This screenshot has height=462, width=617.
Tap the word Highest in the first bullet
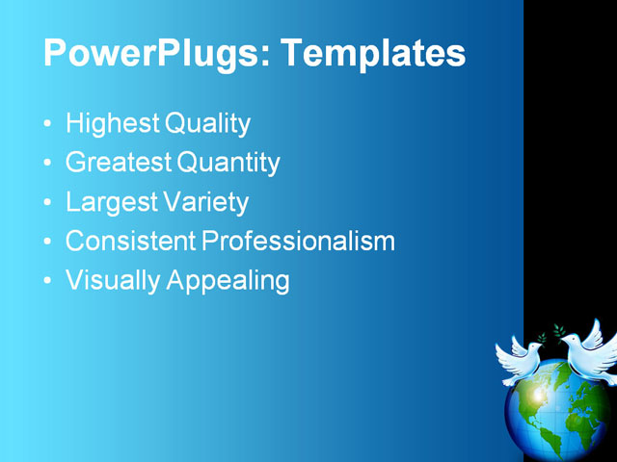(113, 124)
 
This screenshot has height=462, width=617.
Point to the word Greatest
(119, 163)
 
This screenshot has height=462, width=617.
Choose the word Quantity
(228, 164)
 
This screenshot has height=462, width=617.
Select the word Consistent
(130, 241)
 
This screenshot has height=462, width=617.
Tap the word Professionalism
(298, 241)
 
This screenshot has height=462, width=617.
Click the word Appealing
(228, 281)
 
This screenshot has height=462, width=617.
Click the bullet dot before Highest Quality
(49, 125)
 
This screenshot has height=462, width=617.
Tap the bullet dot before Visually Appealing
(49, 282)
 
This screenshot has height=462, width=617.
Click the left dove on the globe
(521, 358)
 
